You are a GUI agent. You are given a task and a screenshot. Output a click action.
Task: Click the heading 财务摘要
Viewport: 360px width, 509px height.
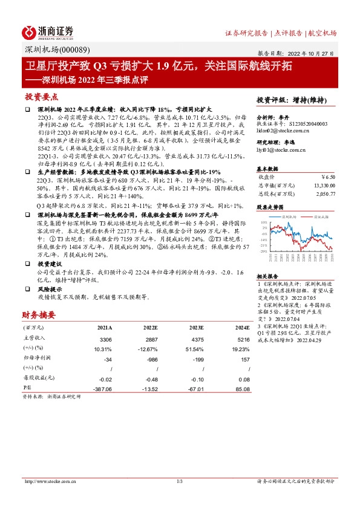pos(39,314)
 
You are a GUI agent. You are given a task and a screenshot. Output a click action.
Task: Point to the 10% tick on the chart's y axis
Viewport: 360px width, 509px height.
pos(264,222)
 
